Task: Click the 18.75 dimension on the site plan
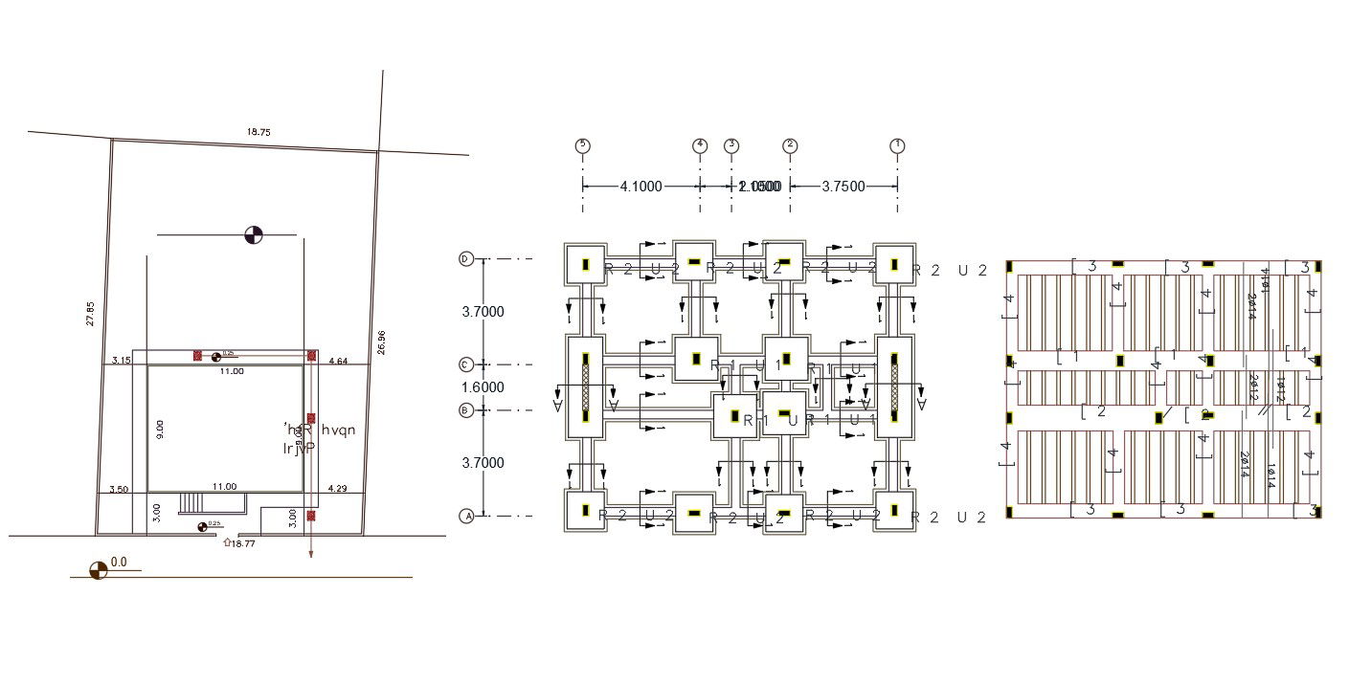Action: click(x=259, y=131)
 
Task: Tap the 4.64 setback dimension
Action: click(x=337, y=361)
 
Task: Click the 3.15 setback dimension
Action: click(x=121, y=361)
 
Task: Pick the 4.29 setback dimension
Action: click(x=337, y=489)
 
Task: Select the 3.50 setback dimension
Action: click(x=120, y=489)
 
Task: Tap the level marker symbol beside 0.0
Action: click(x=98, y=570)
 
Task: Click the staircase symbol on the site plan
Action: click(x=192, y=503)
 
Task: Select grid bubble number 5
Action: click(x=582, y=145)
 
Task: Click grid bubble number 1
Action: click(x=897, y=145)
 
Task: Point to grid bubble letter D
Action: click(x=467, y=259)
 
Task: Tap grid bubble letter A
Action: click(x=467, y=516)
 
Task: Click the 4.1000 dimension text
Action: click(x=641, y=187)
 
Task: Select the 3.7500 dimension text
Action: click(x=843, y=187)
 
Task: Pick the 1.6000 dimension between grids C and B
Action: click(x=483, y=387)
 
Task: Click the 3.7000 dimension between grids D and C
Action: click(x=483, y=312)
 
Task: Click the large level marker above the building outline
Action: click(x=254, y=234)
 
